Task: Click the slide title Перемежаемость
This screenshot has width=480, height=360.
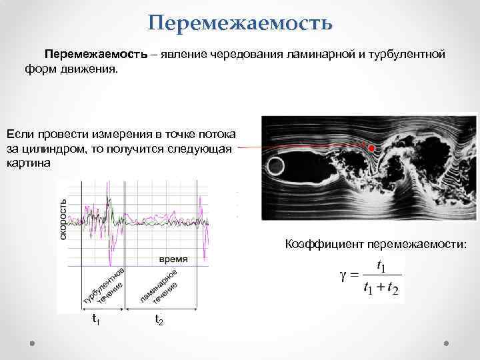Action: (x=240, y=24)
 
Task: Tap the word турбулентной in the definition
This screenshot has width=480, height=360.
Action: (x=407, y=54)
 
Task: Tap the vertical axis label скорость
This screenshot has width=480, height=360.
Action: (x=64, y=219)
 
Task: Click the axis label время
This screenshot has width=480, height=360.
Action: (x=173, y=258)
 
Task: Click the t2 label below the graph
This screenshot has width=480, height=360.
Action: (x=159, y=319)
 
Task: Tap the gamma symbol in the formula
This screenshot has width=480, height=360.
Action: (x=346, y=276)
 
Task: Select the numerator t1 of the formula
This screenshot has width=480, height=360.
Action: (x=381, y=266)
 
